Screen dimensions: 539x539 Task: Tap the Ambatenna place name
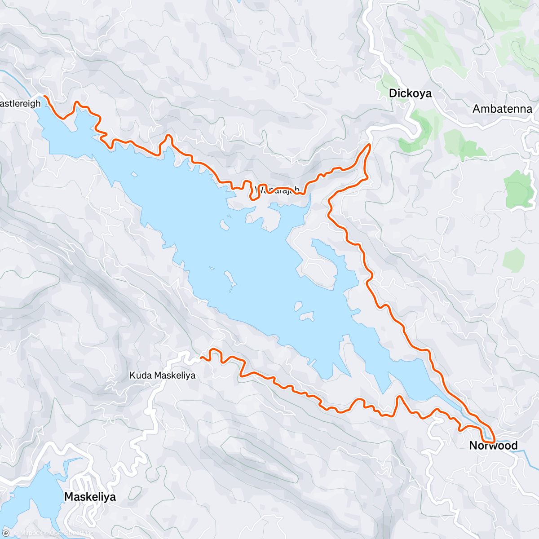click(x=502, y=109)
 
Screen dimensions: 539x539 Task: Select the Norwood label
click(x=493, y=446)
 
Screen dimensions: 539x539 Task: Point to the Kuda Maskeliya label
click(x=162, y=375)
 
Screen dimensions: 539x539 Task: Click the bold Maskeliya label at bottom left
click(x=90, y=497)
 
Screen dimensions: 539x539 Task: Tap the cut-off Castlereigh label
click(x=20, y=104)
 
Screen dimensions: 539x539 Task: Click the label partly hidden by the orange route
click(x=277, y=190)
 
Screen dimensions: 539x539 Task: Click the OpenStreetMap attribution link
click(x=71, y=533)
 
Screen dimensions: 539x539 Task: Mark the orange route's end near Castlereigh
click(x=45, y=96)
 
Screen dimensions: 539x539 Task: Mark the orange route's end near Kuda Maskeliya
click(x=201, y=358)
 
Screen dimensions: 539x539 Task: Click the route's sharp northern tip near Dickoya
click(x=369, y=145)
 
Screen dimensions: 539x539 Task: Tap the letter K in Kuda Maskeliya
click(x=133, y=375)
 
